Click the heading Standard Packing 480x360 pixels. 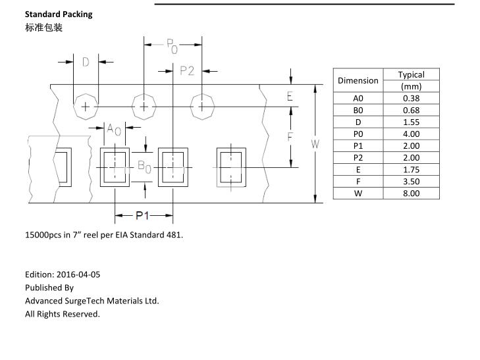pyautogui.click(x=59, y=14)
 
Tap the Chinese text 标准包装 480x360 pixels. pyautogui.click(x=43, y=28)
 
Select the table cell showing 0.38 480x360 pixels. pyautogui.click(x=411, y=98)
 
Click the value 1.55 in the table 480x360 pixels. pyautogui.click(x=411, y=122)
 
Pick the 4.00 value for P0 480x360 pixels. pyautogui.click(x=411, y=134)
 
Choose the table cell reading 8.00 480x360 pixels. pyautogui.click(x=411, y=193)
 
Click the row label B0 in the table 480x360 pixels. pyautogui.click(x=358, y=110)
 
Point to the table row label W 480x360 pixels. pyautogui.click(x=358, y=193)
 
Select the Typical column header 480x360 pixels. pyautogui.click(x=411, y=74)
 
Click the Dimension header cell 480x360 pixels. pyautogui.click(x=358, y=80)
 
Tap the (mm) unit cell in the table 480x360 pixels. pyautogui.click(x=411, y=86)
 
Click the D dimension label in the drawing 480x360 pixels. pyautogui.click(x=86, y=63)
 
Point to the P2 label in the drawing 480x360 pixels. pyautogui.click(x=187, y=71)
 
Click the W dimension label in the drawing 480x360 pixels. pyautogui.click(x=315, y=143)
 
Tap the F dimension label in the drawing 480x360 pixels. pyautogui.click(x=290, y=138)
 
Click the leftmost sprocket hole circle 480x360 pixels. pyautogui.click(x=85, y=106)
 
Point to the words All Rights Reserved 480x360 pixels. pyautogui.click(x=63, y=314)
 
